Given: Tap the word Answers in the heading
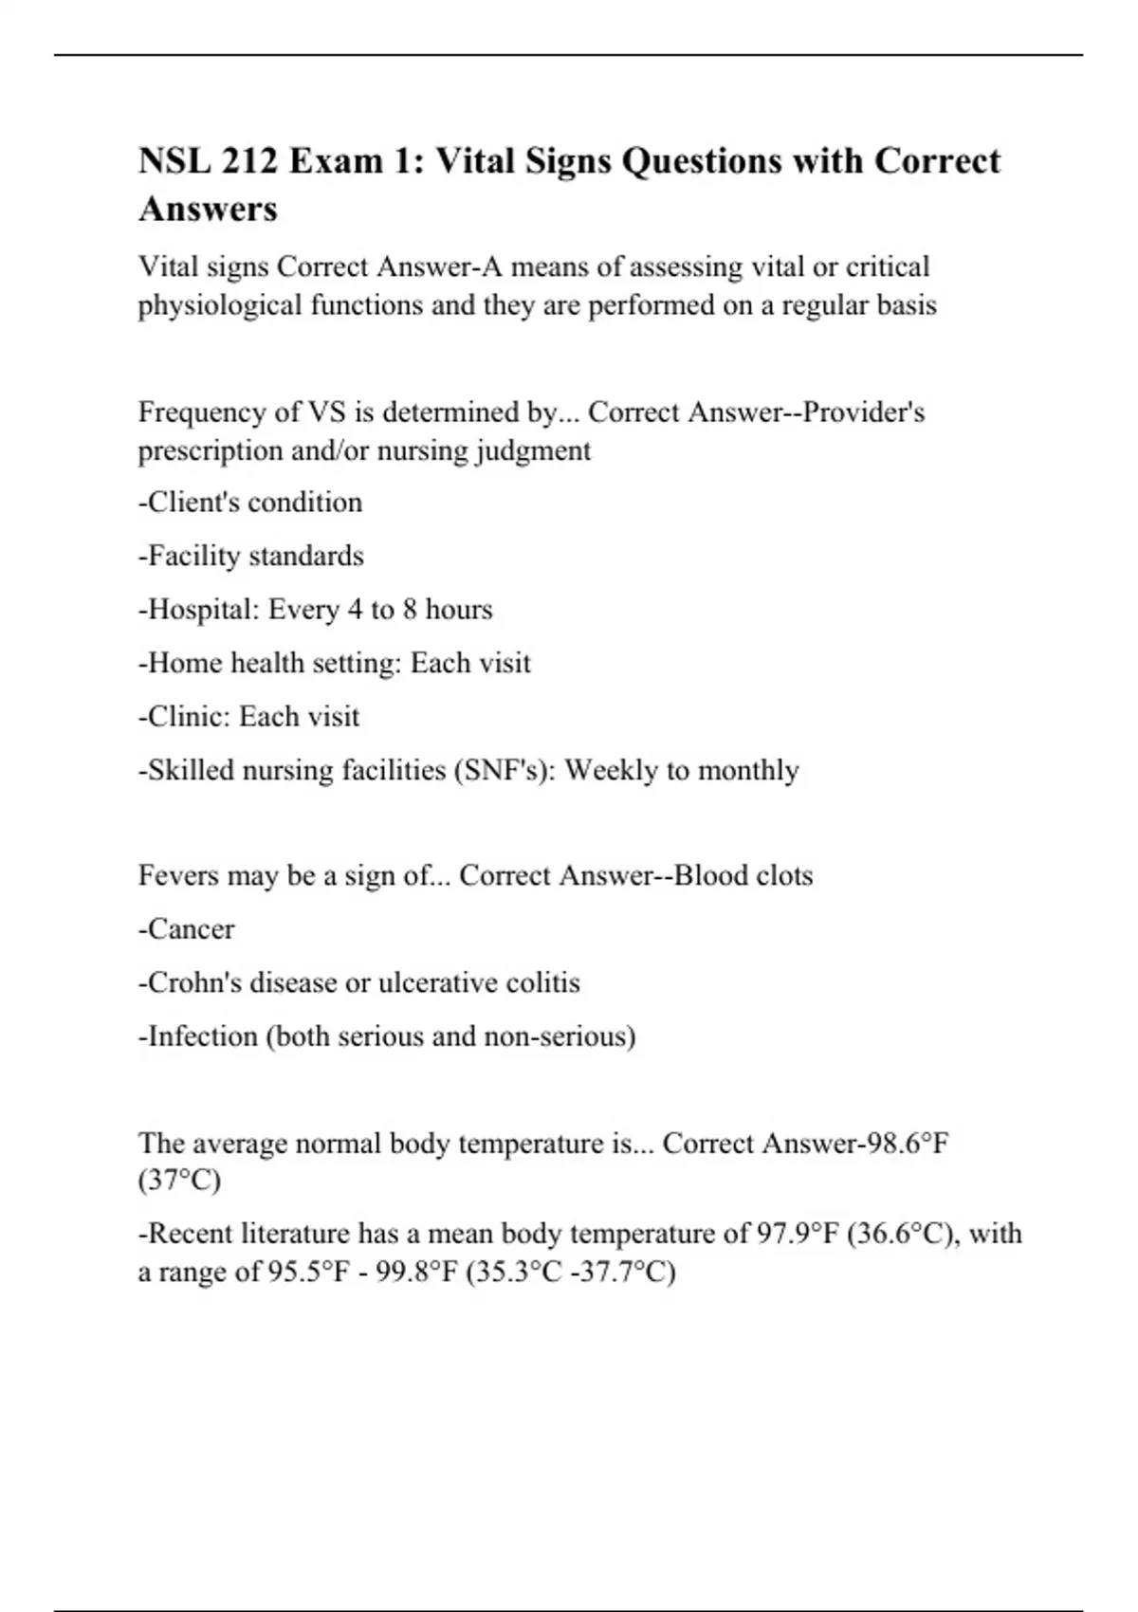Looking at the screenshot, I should click(208, 209).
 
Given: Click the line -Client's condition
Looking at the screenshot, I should click(250, 502).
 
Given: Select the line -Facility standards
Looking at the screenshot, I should click(251, 556).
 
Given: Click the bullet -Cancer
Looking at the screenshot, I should click(187, 929).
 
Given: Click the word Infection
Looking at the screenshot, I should click(203, 1036).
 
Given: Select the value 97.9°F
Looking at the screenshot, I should click(797, 1234).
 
